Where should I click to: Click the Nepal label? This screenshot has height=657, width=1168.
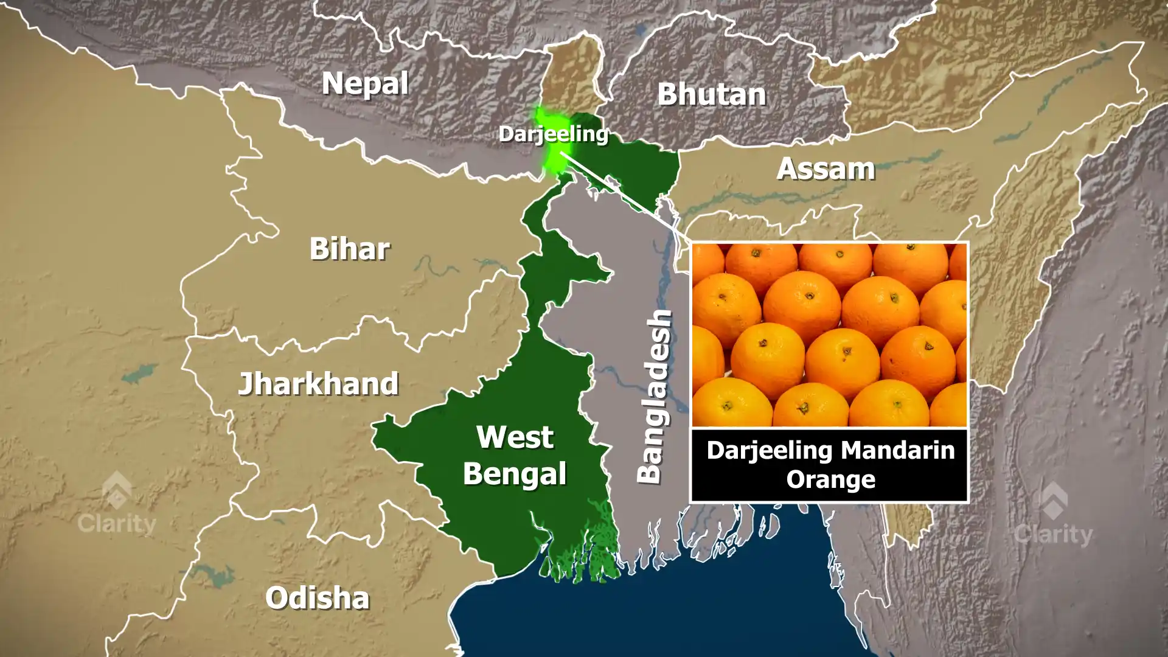coord(365,83)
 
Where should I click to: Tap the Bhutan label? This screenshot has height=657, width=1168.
coord(711,94)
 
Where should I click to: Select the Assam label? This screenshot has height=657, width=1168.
coord(826,169)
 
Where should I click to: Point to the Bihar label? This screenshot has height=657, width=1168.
coord(349,249)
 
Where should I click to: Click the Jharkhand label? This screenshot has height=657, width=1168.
coord(318,384)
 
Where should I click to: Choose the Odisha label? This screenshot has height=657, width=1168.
coord(317,598)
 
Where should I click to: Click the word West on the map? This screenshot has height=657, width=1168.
coord(515,437)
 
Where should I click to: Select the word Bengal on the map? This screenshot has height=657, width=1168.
coord(515,474)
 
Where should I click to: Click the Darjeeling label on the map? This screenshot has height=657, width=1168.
coord(553,134)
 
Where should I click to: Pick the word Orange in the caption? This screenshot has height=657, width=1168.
coord(830,480)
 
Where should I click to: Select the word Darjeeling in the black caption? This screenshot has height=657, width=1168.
coord(769,451)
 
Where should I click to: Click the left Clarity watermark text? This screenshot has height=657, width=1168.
coord(117,523)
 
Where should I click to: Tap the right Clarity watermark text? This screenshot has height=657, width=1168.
coord(1053,535)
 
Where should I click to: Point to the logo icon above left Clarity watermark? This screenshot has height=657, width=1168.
coord(117,490)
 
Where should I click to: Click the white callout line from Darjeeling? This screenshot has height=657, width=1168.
coord(627,194)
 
